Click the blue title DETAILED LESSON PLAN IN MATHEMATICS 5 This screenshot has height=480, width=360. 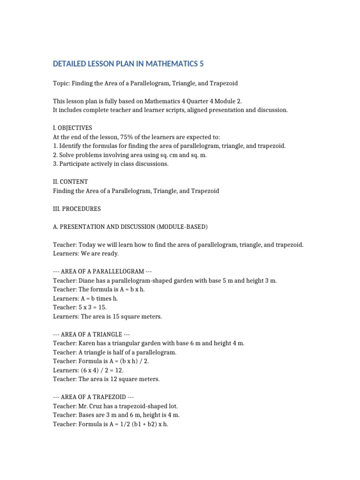tap(128, 64)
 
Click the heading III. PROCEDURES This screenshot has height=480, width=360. tap(76, 209)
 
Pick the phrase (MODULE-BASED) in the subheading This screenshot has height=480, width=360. tap(184, 227)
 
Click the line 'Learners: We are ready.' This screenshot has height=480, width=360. tap(86, 254)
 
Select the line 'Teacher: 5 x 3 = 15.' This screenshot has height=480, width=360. tap(80, 307)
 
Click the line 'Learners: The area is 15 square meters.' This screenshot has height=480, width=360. tap(107, 316)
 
